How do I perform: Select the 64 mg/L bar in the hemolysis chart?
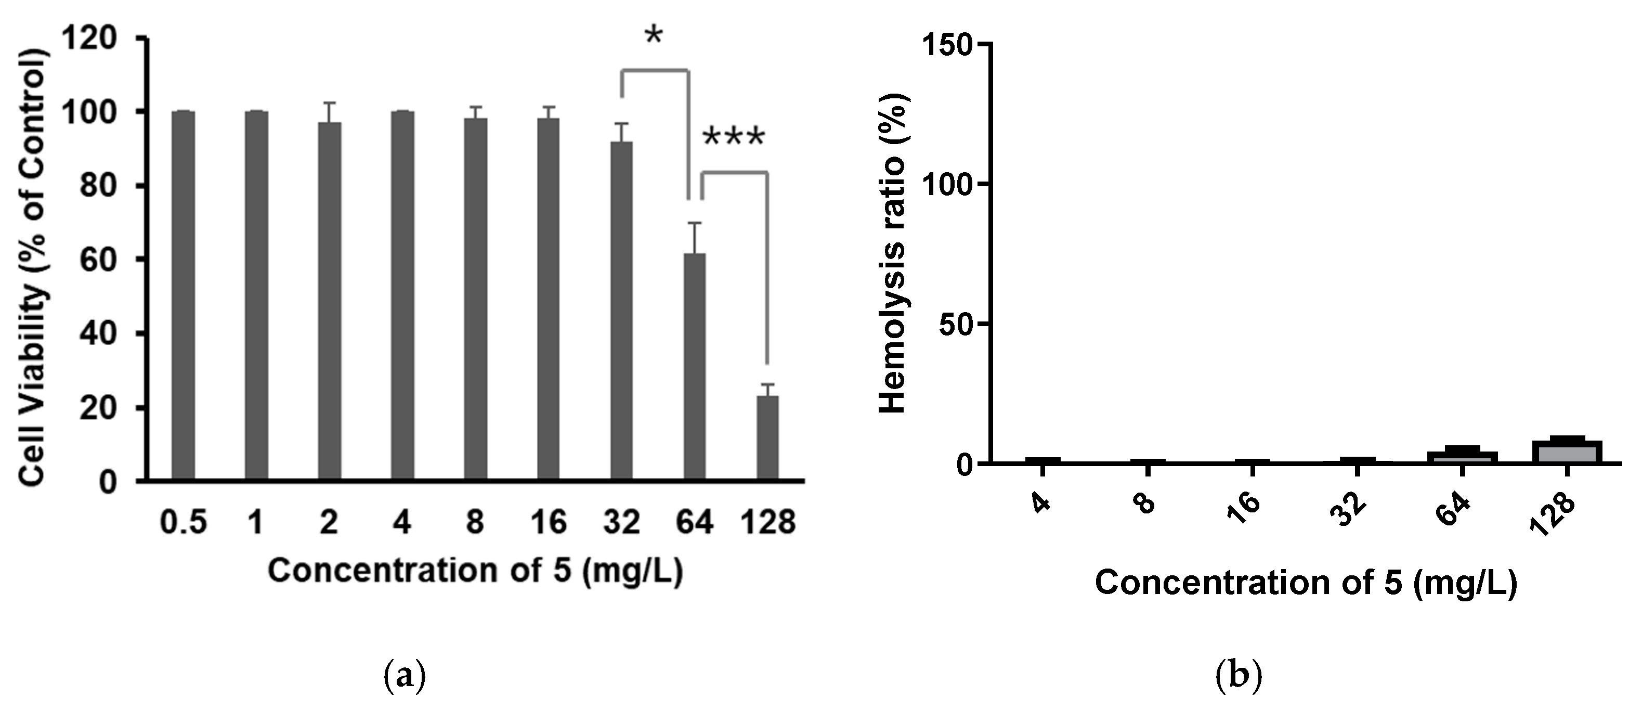tap(1462, 457)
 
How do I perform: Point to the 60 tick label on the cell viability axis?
tap(99, 260)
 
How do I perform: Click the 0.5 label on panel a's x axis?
tap(183, 523)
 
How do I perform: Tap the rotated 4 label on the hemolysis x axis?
tap(1039, 504)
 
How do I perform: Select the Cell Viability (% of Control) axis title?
tap(32, 268)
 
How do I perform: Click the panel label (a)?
tap(406, 675)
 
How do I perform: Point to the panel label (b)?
tap(1239, 675)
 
